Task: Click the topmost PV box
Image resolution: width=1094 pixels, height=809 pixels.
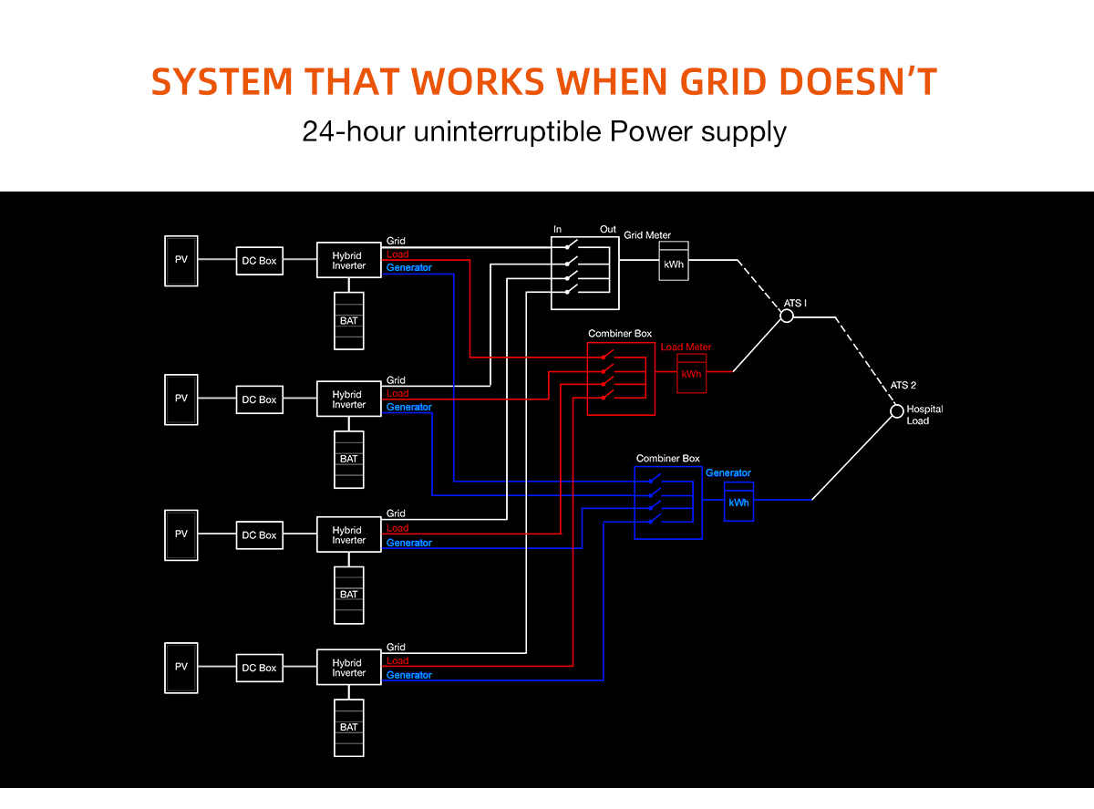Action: [x=181, y=260]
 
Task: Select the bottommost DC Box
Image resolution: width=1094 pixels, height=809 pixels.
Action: [x=259, y=668]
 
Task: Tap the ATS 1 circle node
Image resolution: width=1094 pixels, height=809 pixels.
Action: [x=786, y=316]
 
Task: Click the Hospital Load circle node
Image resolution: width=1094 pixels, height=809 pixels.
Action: [x=896, y=412]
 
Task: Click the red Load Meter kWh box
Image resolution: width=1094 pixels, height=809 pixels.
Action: [x=691, y=373]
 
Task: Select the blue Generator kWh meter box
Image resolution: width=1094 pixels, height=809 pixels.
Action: [x=738, y=502]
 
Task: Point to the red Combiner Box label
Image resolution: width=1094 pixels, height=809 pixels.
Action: [x=620, y=334]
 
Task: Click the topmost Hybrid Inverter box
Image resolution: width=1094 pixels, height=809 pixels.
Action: [x=348, y=261]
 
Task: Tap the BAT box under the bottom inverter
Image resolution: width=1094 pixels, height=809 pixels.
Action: [x=348, y=727]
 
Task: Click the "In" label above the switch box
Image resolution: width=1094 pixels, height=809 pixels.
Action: [x=558, y=229]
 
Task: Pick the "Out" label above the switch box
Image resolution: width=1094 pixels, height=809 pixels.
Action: [x=607, y=229]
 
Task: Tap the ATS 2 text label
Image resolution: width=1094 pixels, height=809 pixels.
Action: [x=903, y=385]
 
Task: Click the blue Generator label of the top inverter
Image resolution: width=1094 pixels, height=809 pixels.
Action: [x=408, y=268]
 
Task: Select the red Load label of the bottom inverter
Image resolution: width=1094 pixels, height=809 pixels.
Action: [x=397, y=660]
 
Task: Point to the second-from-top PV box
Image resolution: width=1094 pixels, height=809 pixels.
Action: [x=181, y=399]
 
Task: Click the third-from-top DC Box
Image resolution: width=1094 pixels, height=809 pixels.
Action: [x=259, y=535]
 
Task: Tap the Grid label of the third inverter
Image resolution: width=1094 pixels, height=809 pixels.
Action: [x=396, y=513]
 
